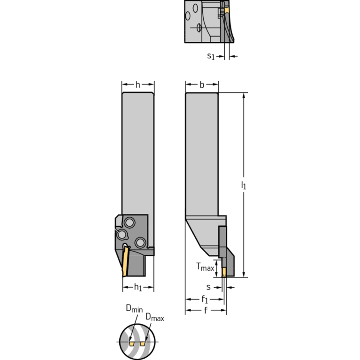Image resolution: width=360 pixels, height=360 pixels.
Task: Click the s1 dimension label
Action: coord(211,56)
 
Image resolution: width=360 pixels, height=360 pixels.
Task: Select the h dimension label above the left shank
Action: coord(138,85)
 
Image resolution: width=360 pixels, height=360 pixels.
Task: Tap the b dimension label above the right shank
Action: coord(201,85)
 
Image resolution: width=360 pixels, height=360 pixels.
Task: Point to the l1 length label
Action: coord(244,186)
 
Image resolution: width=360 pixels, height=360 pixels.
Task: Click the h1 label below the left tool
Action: coord(138,287)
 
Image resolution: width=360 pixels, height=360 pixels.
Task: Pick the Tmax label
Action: coord(205,268)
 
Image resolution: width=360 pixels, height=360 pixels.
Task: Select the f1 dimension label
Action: coord(205,299)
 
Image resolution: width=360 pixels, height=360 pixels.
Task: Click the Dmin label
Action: coord(134,308)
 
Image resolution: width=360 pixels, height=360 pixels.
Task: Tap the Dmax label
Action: coord(154,318)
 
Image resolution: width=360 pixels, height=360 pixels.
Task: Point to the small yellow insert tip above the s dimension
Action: coord(225,271)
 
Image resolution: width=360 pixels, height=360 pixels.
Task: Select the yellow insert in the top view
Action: coord(227,10)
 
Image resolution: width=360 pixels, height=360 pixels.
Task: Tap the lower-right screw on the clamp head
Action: coord(139,242)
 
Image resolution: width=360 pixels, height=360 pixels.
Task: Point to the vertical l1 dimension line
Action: coord(244,141)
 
